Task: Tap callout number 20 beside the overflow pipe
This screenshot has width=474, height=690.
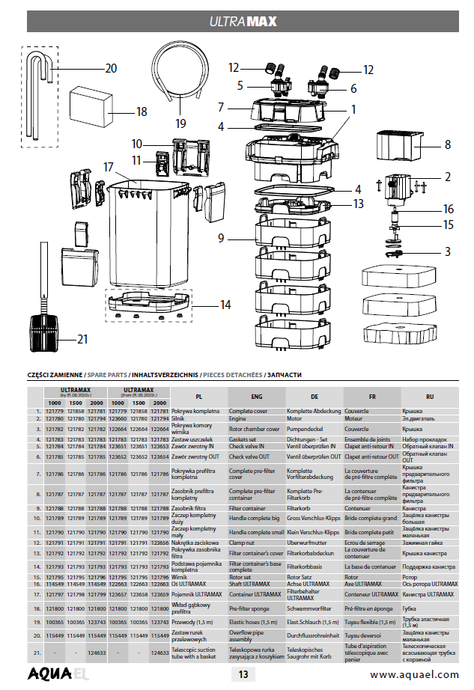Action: click(110, 68)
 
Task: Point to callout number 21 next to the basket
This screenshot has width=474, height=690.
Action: click(82, 339)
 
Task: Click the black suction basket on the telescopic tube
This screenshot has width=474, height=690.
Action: click(43, 328)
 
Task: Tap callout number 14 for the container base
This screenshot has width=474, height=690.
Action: click(224, 305)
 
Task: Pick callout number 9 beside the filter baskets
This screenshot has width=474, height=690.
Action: click(221, 239)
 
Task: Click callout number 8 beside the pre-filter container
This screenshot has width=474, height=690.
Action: click(447, 144)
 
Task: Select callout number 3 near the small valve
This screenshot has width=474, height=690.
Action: click(447, 252)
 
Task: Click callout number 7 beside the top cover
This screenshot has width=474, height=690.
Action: click(221, 107)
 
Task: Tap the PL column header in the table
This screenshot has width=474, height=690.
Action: click(198, 397)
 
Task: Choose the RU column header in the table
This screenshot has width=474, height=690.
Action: click(429, 397)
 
